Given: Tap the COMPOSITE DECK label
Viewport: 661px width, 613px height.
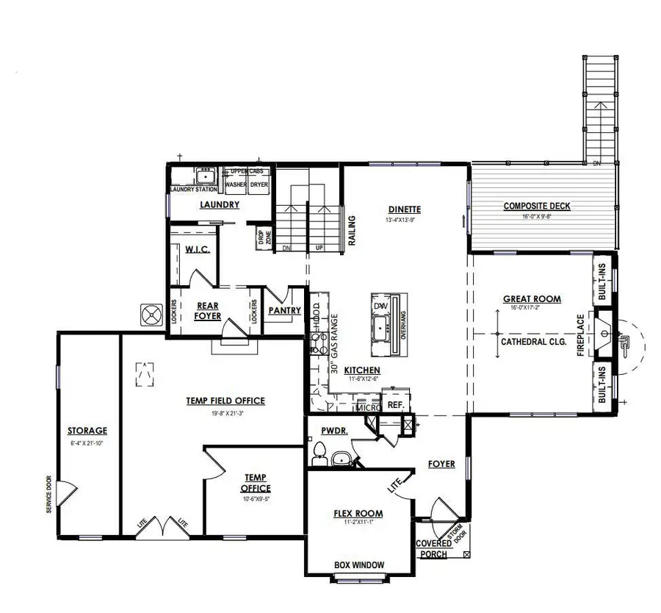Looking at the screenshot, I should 537,206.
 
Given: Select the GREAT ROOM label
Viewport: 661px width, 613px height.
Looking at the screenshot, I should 532,299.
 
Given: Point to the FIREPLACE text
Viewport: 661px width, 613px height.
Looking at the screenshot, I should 580,336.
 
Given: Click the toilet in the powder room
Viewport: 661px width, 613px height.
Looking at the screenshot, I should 319,454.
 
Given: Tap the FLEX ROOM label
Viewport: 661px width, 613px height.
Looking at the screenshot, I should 358,513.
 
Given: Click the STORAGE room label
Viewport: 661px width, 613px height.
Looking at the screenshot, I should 87,431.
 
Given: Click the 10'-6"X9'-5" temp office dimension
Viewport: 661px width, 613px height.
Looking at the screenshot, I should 256,498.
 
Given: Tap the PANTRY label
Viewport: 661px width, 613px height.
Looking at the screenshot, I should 284,311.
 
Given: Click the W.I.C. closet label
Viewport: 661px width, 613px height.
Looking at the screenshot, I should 198,250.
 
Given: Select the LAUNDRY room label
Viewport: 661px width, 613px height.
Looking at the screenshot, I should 220,204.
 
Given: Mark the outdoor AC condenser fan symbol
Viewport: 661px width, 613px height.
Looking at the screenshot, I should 151,315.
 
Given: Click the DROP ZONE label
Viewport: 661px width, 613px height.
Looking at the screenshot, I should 261,237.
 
